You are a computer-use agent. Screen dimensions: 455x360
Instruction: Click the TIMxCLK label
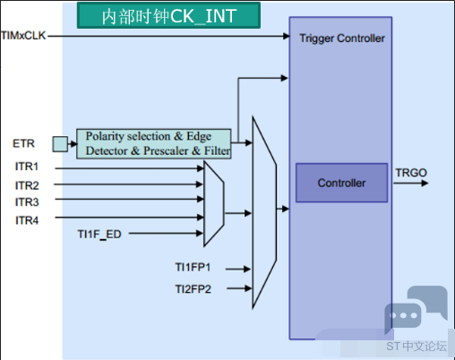23,36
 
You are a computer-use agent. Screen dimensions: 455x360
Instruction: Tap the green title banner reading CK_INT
168,15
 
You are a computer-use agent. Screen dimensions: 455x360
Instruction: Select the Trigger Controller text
342,39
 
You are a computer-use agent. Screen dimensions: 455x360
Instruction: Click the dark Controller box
341,183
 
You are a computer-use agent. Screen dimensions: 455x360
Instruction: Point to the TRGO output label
411,173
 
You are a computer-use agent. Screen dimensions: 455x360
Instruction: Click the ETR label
23,143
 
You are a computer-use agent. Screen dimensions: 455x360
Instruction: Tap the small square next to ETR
60,144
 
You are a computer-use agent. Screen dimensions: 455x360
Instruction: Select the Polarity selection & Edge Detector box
154,143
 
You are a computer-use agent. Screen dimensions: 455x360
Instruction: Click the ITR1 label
27,167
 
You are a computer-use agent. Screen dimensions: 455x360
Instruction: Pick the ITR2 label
27,185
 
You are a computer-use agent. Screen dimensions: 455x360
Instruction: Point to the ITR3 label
27,202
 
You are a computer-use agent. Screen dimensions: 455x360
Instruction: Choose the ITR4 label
27,220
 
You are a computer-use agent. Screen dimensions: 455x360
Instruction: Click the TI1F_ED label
99,235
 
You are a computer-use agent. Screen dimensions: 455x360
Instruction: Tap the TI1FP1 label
193,267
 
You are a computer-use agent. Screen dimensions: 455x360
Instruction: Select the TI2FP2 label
193,289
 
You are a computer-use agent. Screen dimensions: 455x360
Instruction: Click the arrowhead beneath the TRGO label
425,183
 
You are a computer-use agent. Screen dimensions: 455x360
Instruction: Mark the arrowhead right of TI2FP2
248,288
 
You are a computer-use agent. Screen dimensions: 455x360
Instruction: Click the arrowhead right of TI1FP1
247,269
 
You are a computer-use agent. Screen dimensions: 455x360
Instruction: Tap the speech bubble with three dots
403,316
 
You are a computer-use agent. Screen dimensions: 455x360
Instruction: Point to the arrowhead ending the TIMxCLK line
287,36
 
